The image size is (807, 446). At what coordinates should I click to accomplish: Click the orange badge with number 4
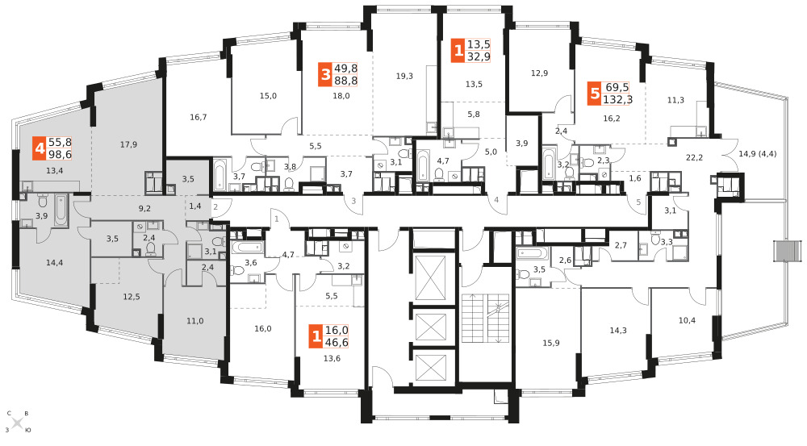coord(40,148)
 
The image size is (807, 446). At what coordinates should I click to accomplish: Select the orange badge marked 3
coord(324,74)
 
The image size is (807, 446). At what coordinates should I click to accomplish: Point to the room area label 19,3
coord(404,76)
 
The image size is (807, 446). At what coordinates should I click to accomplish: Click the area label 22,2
coord(694,157)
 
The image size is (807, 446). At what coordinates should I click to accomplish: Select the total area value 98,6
coord(60,154)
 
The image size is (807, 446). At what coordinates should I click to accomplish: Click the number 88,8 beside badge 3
coord(345,81)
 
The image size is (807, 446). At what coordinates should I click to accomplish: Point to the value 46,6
coord(337,342)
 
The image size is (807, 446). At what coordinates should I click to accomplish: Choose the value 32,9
coord(478,56)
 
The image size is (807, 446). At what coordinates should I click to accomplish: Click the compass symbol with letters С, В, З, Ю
coord(17,423)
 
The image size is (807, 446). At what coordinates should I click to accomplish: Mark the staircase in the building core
coord(485,319)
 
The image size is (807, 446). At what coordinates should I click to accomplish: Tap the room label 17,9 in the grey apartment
coord(128,144)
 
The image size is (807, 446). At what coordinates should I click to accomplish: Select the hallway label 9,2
coord(144,208)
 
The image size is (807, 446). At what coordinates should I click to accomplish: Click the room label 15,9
coord(550,343)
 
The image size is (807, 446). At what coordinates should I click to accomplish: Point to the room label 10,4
coord(687,320)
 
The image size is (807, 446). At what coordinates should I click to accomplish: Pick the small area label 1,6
coord(635,178)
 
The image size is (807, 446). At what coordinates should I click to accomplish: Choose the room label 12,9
coord(539,73)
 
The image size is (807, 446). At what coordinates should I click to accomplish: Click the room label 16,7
coord(199,117)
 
